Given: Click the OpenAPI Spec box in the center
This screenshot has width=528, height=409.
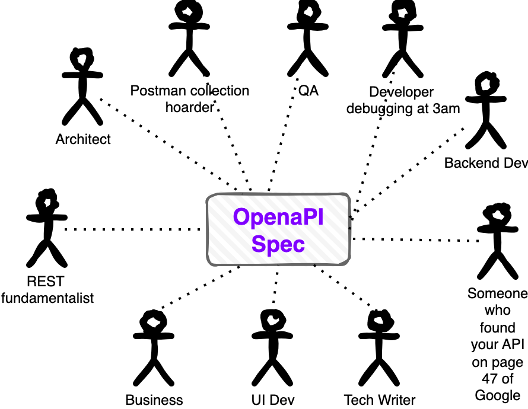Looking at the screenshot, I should coord(278,229).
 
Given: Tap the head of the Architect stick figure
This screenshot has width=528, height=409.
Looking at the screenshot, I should coord(81,59).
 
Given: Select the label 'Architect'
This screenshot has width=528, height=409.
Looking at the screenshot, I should coord(83,139).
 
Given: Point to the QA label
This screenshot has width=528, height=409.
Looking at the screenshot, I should coord(308,91).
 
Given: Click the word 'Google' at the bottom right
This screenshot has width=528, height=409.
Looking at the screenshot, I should coord(497,395).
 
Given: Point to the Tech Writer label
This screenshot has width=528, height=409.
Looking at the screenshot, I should coord(379,400).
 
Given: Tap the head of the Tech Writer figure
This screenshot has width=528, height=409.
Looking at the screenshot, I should coord(378,321).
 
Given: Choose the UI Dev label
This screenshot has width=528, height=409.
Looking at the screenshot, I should coord(273,400).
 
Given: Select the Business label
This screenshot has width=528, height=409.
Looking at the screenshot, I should coord(154,400).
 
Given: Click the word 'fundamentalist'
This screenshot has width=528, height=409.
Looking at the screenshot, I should coord(47,298).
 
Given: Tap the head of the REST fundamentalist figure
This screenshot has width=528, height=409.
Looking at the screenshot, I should coord(46,202).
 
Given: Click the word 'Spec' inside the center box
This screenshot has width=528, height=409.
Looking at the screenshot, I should coord(278,243).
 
